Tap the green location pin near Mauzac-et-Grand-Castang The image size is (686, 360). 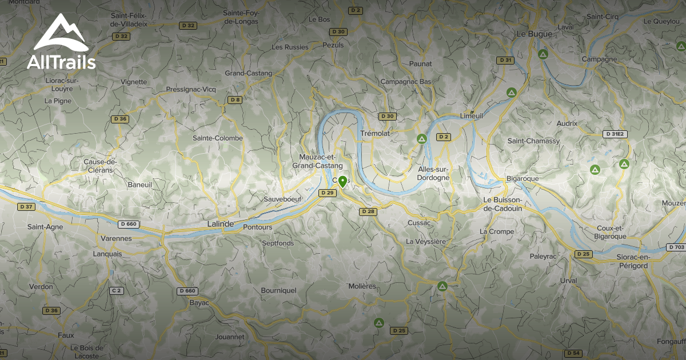[342, 182]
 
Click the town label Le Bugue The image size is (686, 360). [534, 34]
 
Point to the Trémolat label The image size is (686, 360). [375, 133]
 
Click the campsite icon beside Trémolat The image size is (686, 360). [422, 138]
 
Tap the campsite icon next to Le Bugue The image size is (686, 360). [543, 54]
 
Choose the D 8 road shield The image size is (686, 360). [235, 100]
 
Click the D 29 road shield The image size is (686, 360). [328, 193]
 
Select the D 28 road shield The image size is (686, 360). [369, 212]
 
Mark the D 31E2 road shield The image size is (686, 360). [615, 134]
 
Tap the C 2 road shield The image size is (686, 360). [117, 291]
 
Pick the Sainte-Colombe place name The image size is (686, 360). [217, 138]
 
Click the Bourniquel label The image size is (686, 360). [278, 290]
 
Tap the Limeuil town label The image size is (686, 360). [471, 115]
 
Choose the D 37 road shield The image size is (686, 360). [26, 206]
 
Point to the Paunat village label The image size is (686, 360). [421, 63]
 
